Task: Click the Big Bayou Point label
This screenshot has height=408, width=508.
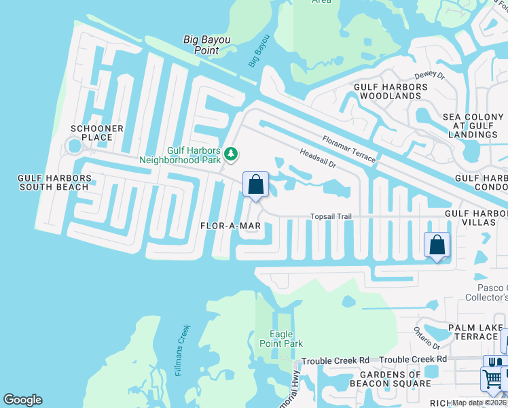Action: click(206, 45)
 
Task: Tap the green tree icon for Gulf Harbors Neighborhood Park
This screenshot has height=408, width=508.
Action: click(231, 154)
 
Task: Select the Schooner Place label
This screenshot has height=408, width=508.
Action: click(97, 133)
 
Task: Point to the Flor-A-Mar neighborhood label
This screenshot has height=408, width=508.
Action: click(231, 226)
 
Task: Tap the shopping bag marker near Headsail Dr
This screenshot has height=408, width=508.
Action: click(255, 184)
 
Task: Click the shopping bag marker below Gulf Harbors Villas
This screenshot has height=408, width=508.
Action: click(437, 245)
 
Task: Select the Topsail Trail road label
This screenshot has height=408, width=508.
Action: click(331, 217)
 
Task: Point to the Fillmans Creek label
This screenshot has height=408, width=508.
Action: click(181, 350)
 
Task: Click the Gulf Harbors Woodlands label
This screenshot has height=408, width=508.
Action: click(391, 92)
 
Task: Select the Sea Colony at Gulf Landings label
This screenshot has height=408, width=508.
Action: click(474, 126)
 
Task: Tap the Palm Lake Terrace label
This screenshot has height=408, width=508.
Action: click(475, 332)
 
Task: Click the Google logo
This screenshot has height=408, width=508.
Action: click(22, 400)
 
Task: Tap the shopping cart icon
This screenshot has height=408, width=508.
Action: click(492, 378)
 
